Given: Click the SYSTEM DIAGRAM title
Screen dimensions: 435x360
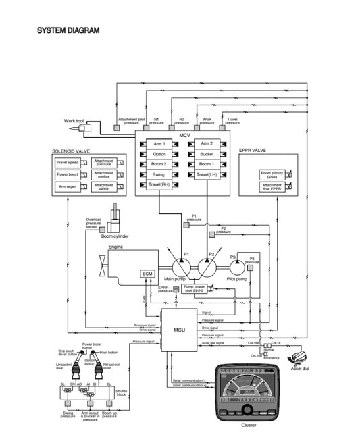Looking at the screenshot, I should pos(68,30).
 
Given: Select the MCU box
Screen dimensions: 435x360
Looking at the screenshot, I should pos(179,330).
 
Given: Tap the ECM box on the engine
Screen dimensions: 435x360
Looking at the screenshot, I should pos(147,273).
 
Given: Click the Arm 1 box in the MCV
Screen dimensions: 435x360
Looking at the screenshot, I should pos(159,144).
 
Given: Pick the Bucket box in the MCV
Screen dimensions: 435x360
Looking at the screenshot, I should pos(207,154).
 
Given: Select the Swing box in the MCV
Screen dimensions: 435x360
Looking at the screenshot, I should pos(159,174).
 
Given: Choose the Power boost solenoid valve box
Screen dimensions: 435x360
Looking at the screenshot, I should pos(68,174).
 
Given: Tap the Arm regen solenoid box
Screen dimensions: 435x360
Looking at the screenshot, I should pos(68,186).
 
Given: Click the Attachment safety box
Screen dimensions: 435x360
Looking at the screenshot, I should pos(104,186).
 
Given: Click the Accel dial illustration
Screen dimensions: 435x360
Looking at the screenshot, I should pos(299,358).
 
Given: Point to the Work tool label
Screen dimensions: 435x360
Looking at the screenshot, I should pos(74,120).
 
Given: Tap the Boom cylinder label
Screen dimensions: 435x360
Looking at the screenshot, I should pos(115,236).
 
